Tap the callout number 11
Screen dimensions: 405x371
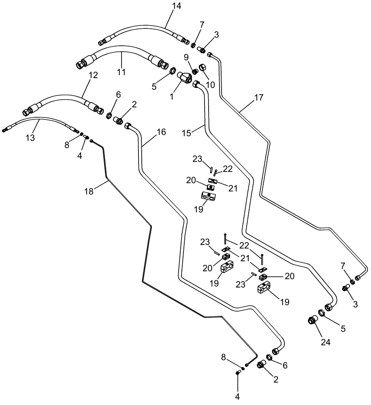click(121, 72)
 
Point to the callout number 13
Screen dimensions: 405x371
click(31, 138)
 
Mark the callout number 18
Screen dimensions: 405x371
click(89, 191)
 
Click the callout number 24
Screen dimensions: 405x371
click(326, 343)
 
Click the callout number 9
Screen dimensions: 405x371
click(186, 58)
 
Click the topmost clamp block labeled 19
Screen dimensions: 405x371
click(209, 196)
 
